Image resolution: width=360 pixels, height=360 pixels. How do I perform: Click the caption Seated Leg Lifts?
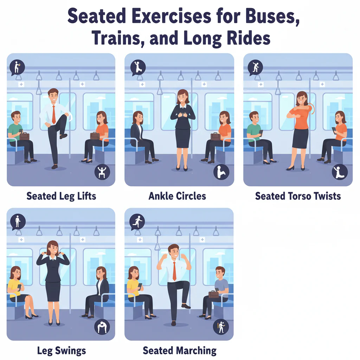coord(61,196)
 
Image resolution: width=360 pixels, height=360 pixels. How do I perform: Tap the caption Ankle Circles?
coord(177,196)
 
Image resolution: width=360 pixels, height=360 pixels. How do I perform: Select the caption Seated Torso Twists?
coord(298,196)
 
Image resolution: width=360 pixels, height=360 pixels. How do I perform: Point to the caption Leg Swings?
coord(61,351)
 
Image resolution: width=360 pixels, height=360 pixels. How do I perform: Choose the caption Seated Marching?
coord(179,351)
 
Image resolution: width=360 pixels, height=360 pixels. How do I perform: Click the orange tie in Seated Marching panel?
coord(174,271)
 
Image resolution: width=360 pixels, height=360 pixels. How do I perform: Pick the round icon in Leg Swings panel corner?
coord(102,327)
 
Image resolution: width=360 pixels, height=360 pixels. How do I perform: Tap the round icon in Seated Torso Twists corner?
coord(340,172)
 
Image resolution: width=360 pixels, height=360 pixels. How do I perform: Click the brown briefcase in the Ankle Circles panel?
coord(215,136)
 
